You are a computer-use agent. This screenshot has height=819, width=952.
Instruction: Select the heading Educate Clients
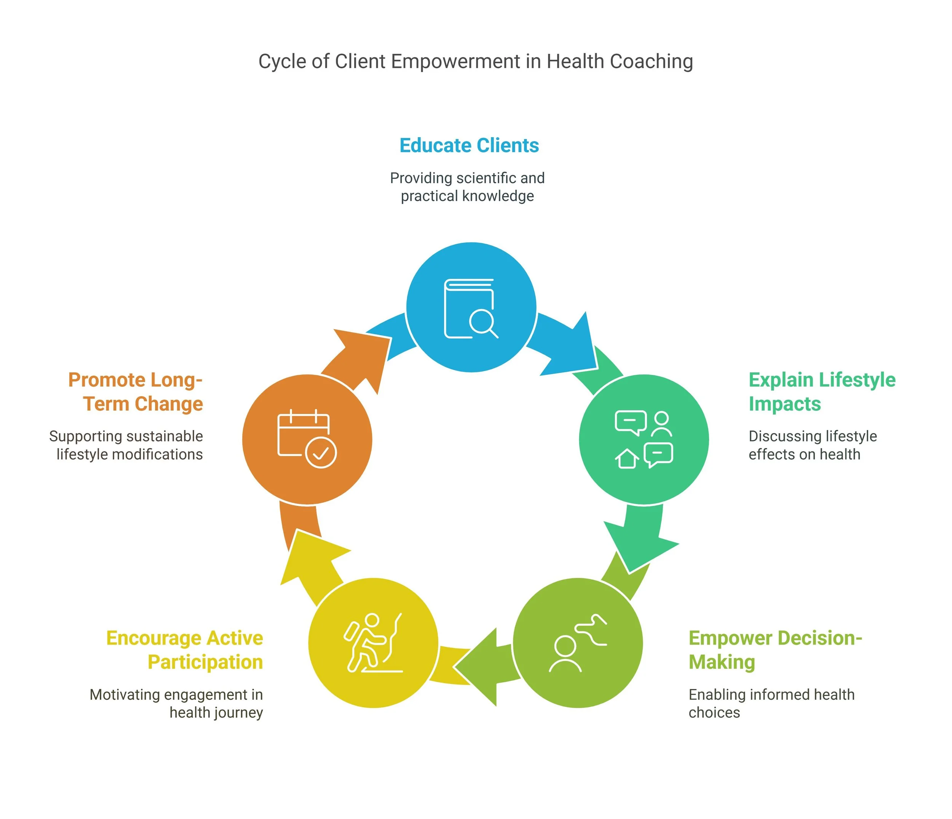469,145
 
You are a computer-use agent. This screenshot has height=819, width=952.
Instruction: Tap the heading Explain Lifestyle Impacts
821,392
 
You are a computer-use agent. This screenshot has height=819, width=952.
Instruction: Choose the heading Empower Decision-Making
775,650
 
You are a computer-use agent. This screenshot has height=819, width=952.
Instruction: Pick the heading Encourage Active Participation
185,650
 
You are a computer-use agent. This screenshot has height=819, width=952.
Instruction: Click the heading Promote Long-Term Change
136,392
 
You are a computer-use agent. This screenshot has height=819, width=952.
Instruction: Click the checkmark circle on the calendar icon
321,453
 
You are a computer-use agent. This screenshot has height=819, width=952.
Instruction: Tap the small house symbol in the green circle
627,458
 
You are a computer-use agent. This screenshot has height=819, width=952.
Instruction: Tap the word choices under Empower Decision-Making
714,712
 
